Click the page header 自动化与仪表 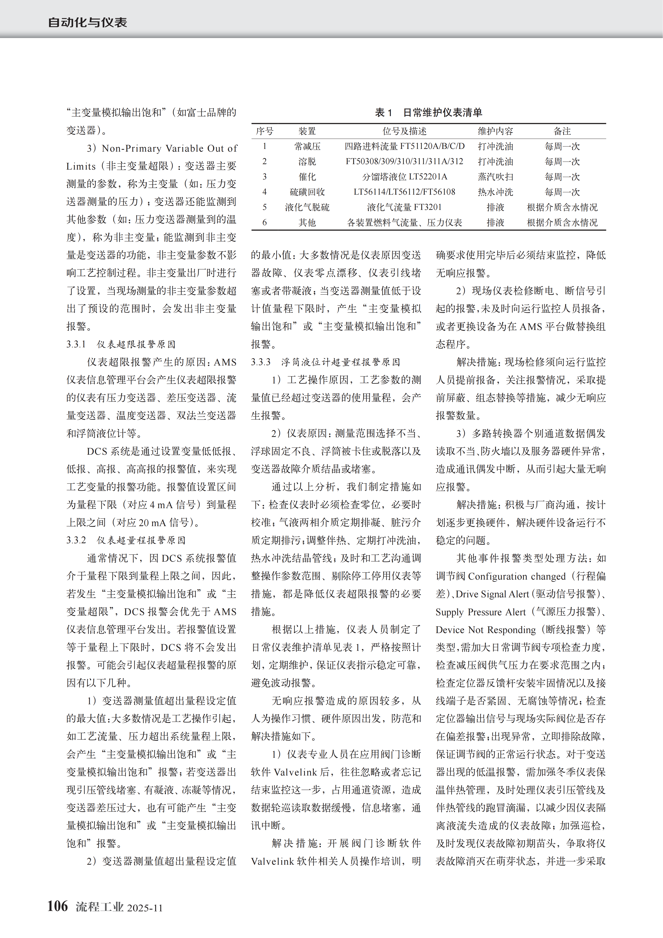[87, 22]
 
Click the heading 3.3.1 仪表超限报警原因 [121, 344]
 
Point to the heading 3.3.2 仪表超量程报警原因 [126, 540]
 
